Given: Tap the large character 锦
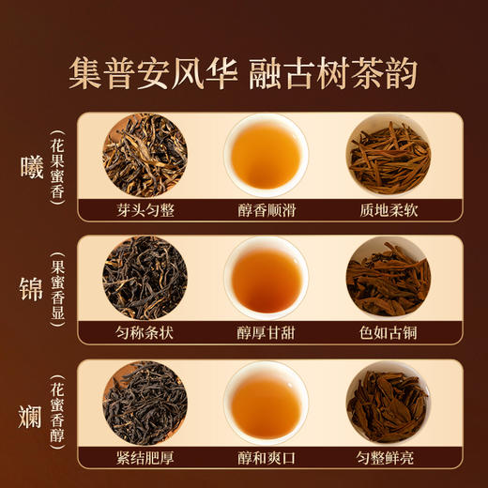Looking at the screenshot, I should [x=33, y=290].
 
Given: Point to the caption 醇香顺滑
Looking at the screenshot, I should [x=267, y=210].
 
